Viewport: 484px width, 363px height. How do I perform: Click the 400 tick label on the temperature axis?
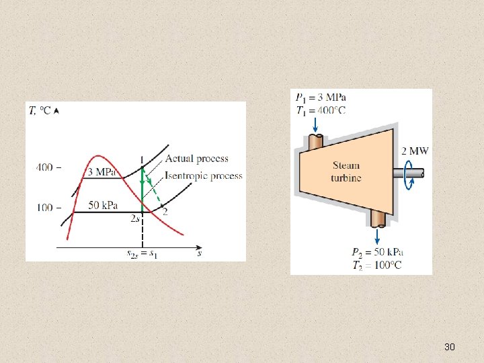pyautogui.click(x=44, y=167)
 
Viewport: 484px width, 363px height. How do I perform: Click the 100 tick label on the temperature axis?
pyautogui.click(x=44, y=207)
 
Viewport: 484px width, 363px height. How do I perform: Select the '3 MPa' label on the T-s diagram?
pyautogui.click(x=103, y=172)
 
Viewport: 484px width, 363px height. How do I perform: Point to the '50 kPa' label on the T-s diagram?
pyautogui.click(x=104, y=204)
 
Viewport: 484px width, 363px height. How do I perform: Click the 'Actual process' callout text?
pyautogui.click(x=196, y=159)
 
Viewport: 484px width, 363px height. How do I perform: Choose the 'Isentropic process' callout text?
pyautogui.click(x=204, y=175)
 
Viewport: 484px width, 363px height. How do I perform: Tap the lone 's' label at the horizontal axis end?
pyautogui.click(x=200, y=253)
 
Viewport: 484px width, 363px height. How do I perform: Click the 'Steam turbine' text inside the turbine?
pyautogui.click(x=346, y=171)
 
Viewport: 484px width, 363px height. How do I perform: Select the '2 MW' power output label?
pyautogui.click(x=414, y=151)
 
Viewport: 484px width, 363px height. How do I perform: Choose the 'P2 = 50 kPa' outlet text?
pyautogui.click(x=377, y=252)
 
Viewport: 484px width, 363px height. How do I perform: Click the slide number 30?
pyautogui.click(x=450, y=347)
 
